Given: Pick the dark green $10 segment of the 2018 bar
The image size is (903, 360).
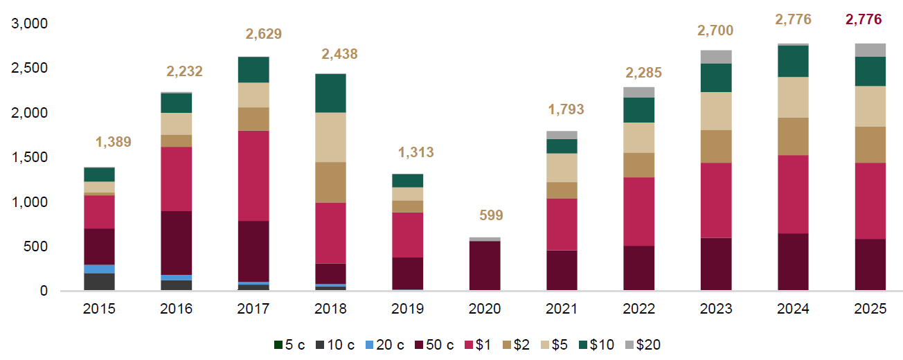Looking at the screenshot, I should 331,93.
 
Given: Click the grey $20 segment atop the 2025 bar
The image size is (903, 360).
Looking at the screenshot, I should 870,50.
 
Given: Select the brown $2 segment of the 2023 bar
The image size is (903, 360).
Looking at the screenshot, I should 715,146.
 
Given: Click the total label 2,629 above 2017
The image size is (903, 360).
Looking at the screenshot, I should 264,34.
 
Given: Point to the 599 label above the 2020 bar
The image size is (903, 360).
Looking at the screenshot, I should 491,215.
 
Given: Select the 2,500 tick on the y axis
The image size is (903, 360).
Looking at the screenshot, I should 31,69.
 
